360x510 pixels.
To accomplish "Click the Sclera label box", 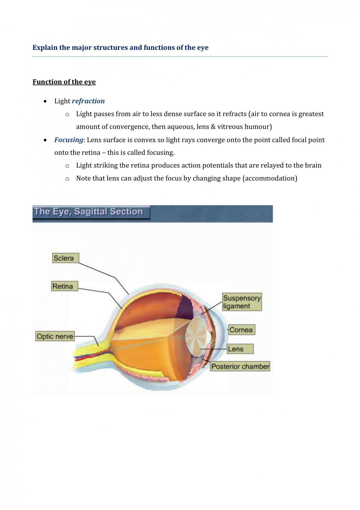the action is [66, 258].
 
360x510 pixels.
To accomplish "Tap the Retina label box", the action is [65, 286].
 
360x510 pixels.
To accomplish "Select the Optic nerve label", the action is [55, 336].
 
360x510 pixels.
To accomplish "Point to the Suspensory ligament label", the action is [242, 302].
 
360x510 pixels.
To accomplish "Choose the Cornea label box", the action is [241, 330].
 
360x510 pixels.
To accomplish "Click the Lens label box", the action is [240, 349].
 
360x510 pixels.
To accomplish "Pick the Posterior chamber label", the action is [240, 366].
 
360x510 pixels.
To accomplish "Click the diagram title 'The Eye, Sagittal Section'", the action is [88, 212].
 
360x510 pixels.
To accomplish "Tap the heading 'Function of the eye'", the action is [64, 82].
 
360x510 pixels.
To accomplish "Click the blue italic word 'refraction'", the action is [88, 101].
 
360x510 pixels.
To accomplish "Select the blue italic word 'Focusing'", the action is [69, 140].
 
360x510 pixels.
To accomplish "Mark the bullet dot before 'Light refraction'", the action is [45, 101].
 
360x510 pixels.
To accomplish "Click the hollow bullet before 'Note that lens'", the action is [67, 179].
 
